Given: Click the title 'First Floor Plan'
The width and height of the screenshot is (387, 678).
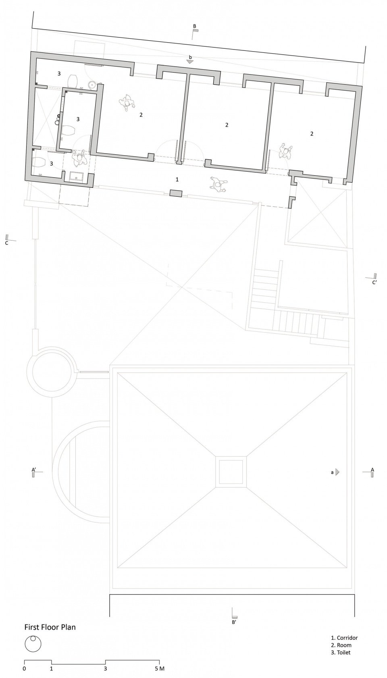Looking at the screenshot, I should [50, 627].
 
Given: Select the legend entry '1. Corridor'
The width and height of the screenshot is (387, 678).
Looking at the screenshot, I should [344, 638].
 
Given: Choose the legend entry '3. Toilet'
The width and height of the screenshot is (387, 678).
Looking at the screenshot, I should [341, 652].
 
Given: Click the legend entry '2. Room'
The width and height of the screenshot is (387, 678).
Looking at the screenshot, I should [341, 645].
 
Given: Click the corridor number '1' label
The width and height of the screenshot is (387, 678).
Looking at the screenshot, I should [177, 179].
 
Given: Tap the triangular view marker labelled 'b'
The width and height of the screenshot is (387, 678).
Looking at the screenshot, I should [190, 62].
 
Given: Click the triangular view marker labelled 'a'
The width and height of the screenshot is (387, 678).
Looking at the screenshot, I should [337, 472].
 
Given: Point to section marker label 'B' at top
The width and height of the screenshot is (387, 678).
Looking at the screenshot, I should [194, 27].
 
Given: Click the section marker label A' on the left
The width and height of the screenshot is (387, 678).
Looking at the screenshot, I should [34, 469].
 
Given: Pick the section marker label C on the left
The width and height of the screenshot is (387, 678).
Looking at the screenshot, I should [6, 243].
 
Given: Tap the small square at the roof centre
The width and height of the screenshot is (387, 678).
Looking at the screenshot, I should [231, 472].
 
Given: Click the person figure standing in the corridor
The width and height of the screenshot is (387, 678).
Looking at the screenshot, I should [218, 185].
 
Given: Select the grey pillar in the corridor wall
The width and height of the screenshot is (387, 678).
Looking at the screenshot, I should [176, 193].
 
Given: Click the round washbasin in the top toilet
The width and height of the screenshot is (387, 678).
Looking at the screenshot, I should [93, 85].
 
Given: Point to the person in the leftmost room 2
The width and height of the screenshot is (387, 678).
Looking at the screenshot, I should [127, 103].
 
